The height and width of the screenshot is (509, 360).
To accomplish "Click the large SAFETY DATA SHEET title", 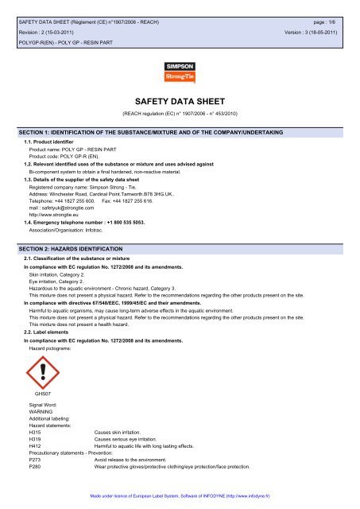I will (180, 102).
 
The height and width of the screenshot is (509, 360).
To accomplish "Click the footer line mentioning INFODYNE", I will (180, 497).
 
